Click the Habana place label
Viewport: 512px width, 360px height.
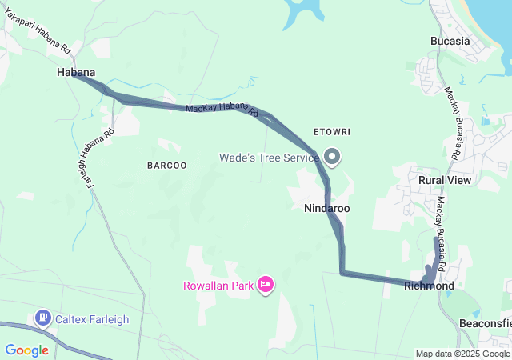(x=76, y=72)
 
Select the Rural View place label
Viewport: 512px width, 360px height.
(x=446, y=180)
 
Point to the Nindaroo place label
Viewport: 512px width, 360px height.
(x=326, y=208)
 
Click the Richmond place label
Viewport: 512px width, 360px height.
(x=429, y=286)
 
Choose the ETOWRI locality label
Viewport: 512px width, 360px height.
(x=333, y=130)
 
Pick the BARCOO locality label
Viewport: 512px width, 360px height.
(x=166, y=166)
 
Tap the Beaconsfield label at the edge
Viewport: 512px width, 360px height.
(x=486, y=323)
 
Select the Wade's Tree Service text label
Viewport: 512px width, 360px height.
(x=270, y=158)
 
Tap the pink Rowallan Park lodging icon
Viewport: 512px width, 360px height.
(x=266, y=284)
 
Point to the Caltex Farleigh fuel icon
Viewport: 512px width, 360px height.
(x=42, y=318)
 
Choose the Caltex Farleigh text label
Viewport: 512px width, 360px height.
(x=92, y=319)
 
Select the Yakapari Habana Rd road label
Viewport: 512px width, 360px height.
(x=39, y=32)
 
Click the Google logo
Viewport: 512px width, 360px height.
(x=27, y=350)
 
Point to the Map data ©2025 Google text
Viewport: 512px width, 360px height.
(x=462, y=354)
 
